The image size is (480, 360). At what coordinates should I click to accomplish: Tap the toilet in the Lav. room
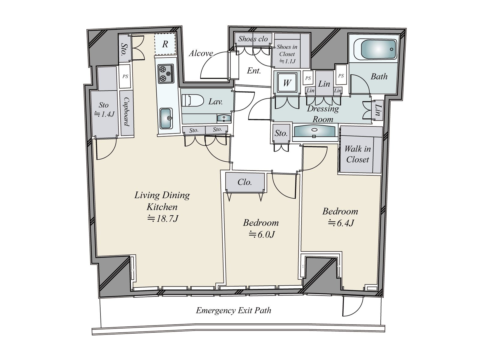192,100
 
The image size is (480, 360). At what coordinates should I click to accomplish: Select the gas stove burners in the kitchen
166,73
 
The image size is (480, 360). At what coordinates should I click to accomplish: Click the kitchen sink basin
166,118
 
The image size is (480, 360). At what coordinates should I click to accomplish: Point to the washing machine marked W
287,82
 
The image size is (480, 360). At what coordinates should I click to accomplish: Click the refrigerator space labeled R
165,44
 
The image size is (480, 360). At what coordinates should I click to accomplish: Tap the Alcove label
201,53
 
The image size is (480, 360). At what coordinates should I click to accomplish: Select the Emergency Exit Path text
233,310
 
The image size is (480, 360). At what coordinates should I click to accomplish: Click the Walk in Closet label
357,154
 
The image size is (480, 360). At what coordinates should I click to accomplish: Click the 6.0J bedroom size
262,234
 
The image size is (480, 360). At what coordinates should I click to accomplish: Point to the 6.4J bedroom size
341,223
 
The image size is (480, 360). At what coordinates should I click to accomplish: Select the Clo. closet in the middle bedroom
245,182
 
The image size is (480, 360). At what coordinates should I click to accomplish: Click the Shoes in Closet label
287,54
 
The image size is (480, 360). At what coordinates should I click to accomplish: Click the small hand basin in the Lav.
223,118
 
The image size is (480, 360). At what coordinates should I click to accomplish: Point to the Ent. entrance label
254,71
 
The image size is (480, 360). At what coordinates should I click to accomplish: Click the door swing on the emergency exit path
353,306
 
